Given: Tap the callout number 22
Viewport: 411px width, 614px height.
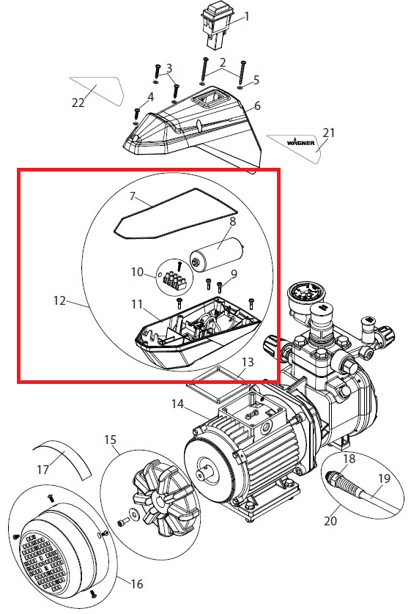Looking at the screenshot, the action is point(78,102).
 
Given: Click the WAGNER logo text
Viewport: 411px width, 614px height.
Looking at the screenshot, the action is point(300,143).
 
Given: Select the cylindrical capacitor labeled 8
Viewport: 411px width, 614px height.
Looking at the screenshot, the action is point(216,254).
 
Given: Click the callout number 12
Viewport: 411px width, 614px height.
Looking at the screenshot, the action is point(59,300).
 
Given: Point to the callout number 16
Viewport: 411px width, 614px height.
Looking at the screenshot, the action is point(136,584).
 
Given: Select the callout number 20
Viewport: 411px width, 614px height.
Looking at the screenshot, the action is point(330,521).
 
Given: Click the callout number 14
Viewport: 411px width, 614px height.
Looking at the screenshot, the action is point(177,404).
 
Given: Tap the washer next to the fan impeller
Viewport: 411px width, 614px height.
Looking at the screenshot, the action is point(134,514).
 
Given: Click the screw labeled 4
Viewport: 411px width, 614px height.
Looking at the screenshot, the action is point(136,114).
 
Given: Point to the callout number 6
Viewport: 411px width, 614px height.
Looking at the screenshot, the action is point(257,106).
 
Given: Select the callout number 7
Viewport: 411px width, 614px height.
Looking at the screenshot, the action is point(133,195).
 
